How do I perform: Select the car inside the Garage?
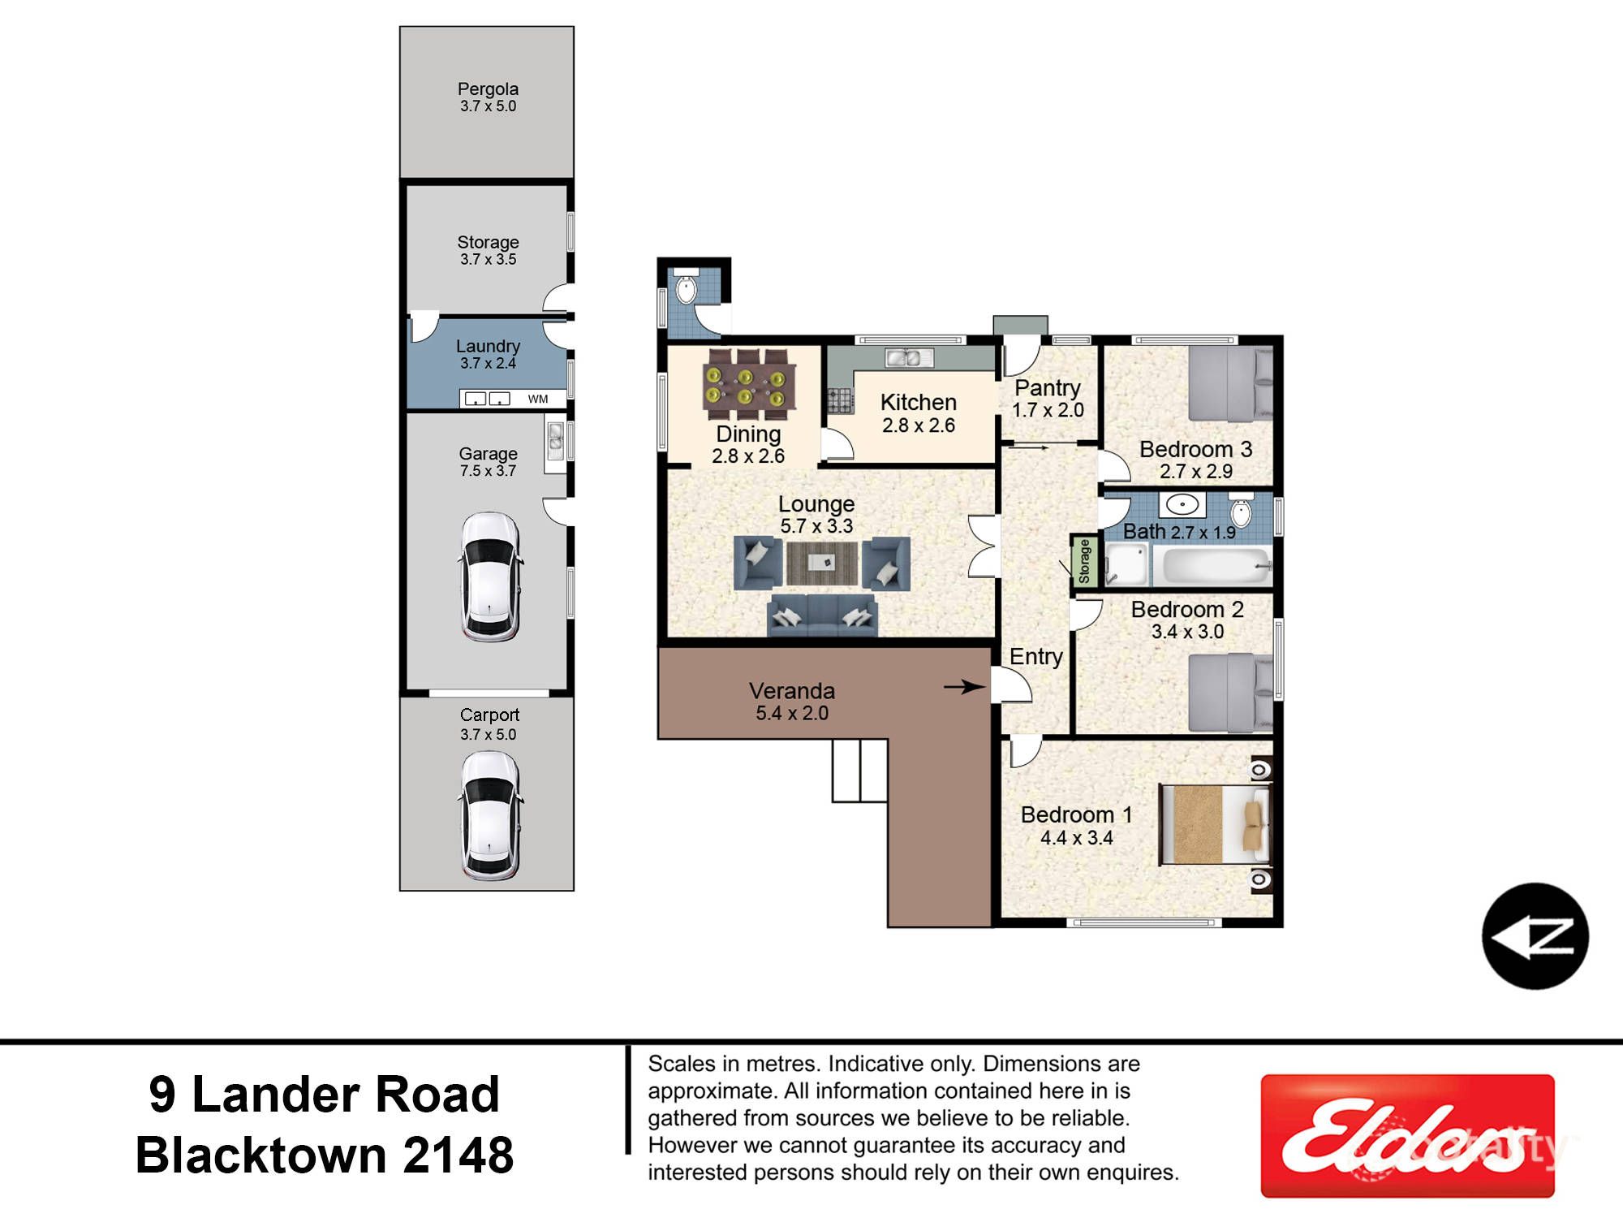(489, 577)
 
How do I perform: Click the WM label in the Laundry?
(538, 399)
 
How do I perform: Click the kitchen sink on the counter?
(908, 357)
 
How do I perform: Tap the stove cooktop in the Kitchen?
(840, 400)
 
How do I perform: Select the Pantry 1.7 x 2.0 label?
(1047, 398)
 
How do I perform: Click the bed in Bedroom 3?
(1229, 382)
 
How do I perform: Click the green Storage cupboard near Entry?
(1084, 560)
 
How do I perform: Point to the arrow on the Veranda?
(964, 687)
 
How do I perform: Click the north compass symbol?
(1535, 936)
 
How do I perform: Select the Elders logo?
(1406, 1135)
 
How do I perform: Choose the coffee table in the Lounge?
(821, 563)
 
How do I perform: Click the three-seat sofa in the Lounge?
(821, 615)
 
